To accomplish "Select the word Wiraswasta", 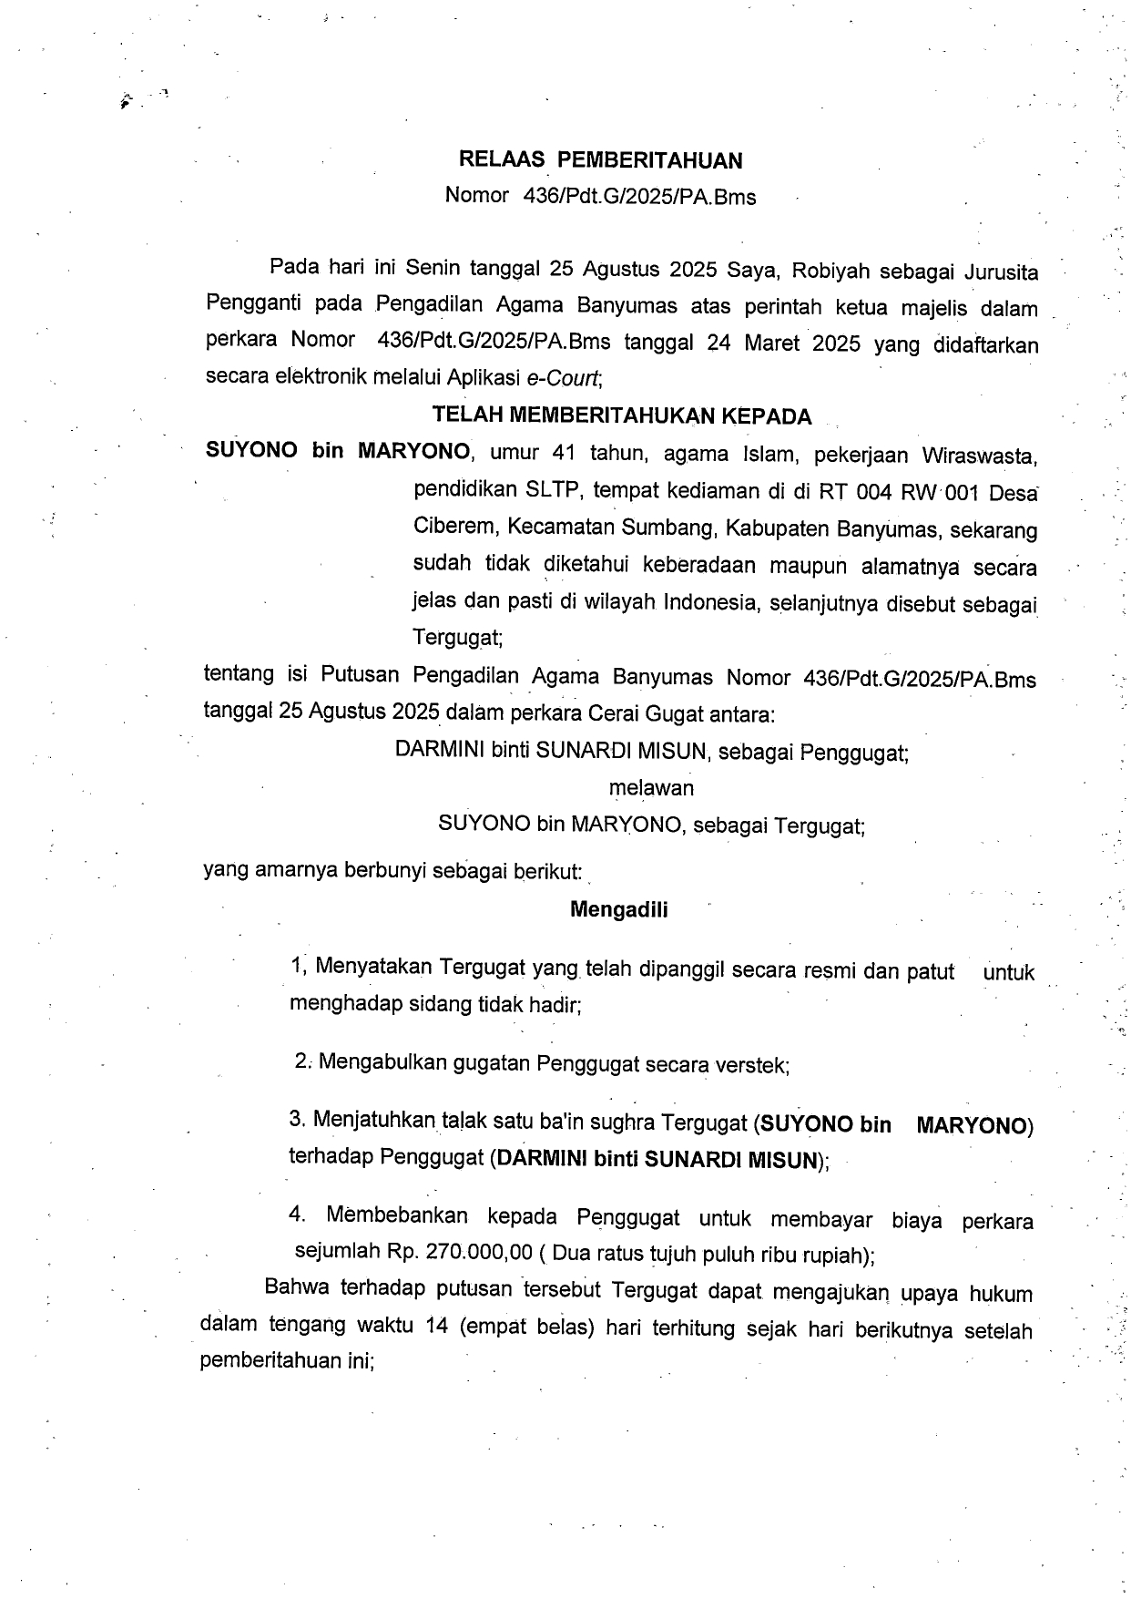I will click(x=979, y=455).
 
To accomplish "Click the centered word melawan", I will click(x=651, y=787).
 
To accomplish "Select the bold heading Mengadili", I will click(x=618, y=909).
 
